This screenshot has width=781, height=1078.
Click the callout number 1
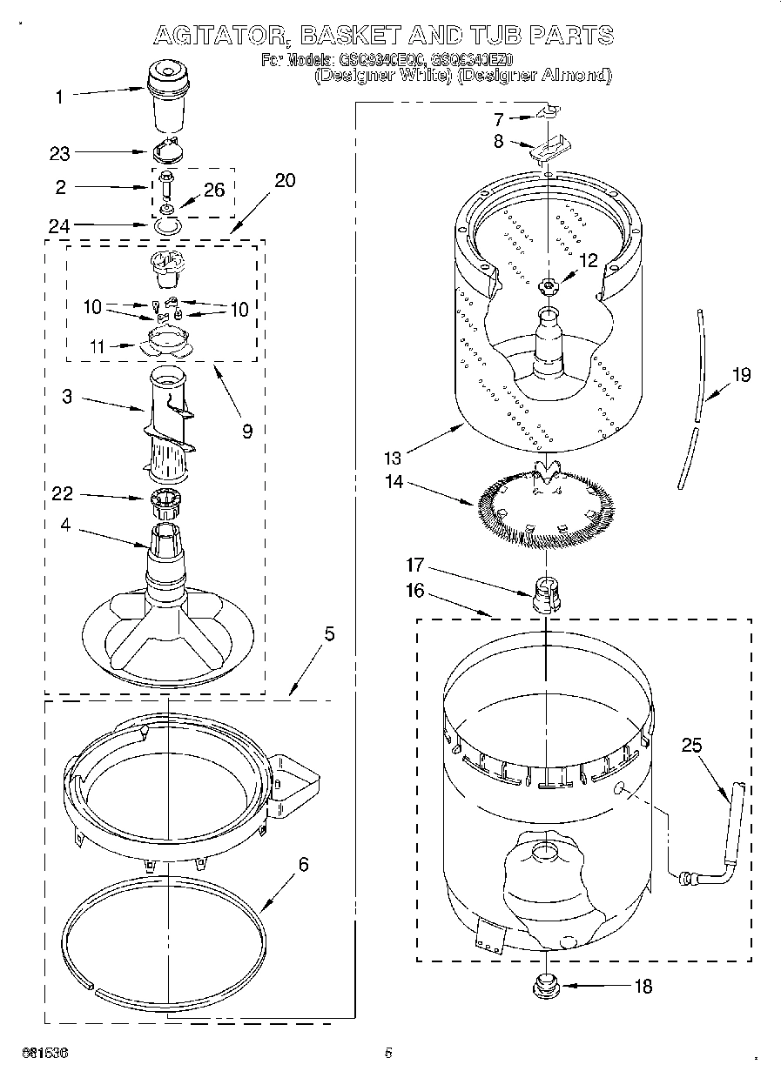59,97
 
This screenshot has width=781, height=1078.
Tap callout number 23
59,153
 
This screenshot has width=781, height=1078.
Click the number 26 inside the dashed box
214,190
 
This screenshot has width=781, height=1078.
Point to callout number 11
98,346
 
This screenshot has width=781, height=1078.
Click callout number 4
67,525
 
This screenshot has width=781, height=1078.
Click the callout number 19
741,376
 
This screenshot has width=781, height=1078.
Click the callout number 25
690,745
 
